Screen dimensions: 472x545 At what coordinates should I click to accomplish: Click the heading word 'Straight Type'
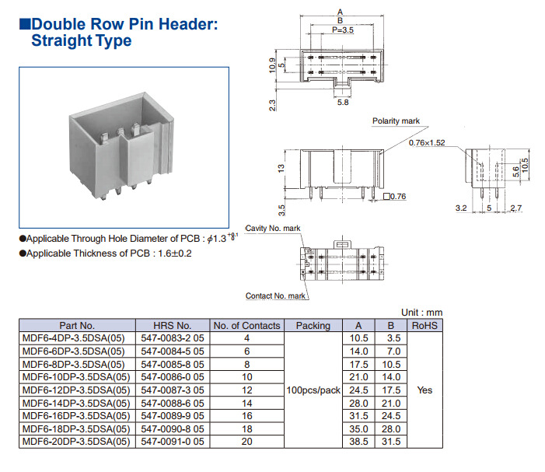[x=81, y=41]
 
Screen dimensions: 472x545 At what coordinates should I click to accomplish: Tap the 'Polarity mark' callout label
[x=396, y=121]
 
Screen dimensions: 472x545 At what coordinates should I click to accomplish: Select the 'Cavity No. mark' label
[x=273, y=228]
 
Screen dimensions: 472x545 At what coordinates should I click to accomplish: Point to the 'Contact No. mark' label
[x=275, y=296]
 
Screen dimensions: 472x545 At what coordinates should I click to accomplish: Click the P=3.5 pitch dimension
[x=343, y=30]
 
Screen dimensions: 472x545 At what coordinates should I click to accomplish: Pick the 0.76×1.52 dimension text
[x=427, y=142]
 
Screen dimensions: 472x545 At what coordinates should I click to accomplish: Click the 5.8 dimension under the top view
[x=343, y=102]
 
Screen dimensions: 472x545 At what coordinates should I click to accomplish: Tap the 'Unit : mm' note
[x=421, y=311]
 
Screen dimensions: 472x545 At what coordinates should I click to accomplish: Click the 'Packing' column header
[x=313, y=326]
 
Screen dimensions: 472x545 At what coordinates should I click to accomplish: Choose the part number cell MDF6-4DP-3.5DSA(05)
[x=74, y=338]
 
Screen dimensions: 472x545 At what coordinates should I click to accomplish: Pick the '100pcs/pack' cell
[x=313, y=390]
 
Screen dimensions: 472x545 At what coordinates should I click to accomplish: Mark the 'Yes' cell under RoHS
[x=424, y=390]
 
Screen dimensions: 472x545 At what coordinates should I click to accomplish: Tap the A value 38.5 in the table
[x=358, y=442]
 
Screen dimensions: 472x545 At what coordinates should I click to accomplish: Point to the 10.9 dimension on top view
[x=272, y=63]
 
